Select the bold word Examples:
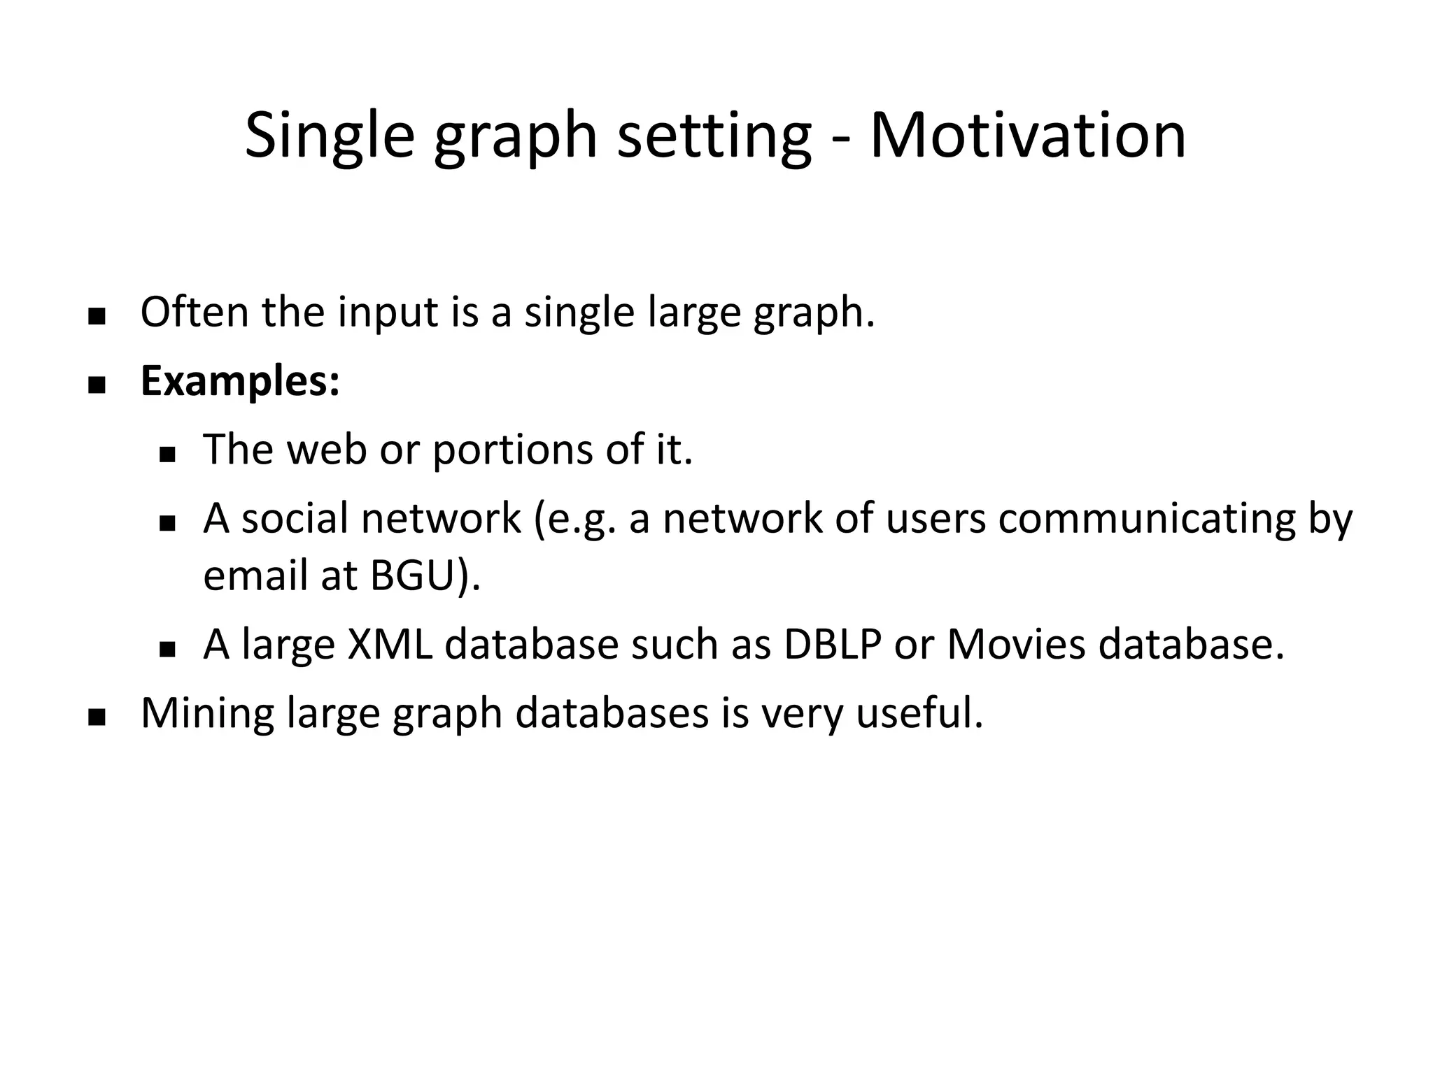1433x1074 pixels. [x=240, y=382]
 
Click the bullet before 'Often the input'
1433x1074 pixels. [x=97, y=317]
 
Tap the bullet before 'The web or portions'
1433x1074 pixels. [x=167, y=455]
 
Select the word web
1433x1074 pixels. [x=326, y=449]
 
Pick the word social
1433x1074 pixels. [x=295, y=518]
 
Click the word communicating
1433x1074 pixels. [x=1147, y=520]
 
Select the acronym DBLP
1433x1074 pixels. [x=832, y=644]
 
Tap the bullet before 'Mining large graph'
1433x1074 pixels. [x=97, y=718]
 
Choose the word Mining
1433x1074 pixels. [x=207, y=714]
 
